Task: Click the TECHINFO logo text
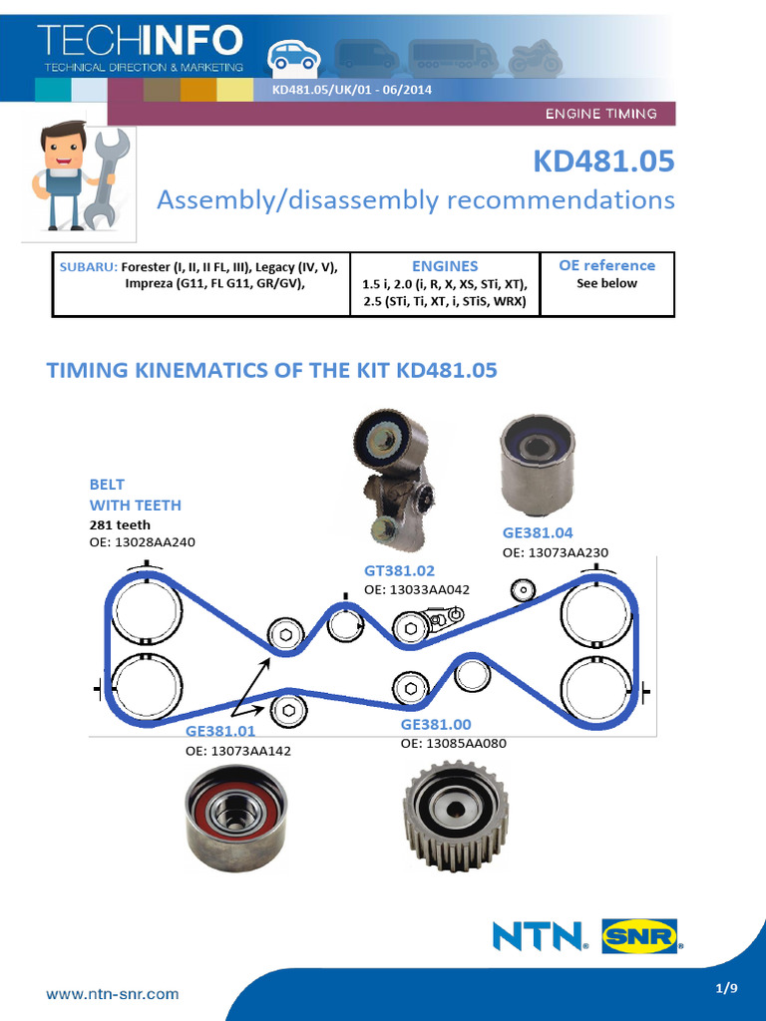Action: [x=141, y=41]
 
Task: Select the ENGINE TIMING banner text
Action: [x=600, y=114]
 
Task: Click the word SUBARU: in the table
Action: [x=88, y=266]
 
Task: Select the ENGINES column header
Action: [x=445, y=266]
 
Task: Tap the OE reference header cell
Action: [x=607, y=265]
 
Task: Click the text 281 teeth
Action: [x=120, y=524]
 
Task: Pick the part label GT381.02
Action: [x=399, y=570]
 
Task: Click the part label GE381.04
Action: [x=538, y=533]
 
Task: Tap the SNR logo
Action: [x=638, y=936]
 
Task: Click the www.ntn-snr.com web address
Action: [x=113, y=993]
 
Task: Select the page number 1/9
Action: [x=726, y=988]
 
